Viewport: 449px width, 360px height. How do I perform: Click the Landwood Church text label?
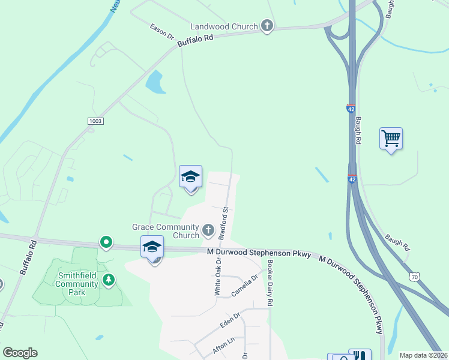click(x=224, y=26)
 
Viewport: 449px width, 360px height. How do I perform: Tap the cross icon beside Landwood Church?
click(x=267, y=26)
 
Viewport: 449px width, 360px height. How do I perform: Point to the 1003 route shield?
click(x=95, y=121)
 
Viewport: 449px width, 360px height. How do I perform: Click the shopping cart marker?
click(x=391, y=139)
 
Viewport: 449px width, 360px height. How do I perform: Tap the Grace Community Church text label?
click(x=166, y=231)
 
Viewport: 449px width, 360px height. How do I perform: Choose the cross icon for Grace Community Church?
click(x=208, y=230)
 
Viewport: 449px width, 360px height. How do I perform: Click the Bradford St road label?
click(x=225, y=223)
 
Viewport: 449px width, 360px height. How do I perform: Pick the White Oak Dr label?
click(x=217, y=276)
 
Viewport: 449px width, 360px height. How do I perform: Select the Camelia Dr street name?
click(x=244, y=286)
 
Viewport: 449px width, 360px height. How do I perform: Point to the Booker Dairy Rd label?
click(x=270, y=284)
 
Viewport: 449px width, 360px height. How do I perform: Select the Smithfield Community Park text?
click(x=77, y=284)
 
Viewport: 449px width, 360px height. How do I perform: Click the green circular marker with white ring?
click(x=106, y=242)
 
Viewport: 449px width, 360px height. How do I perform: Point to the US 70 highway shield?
click(x=414, y=276)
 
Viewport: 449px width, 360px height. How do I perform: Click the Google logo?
click(x=20, y=353)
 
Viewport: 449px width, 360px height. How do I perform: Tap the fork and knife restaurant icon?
click(x=360, y=356)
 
